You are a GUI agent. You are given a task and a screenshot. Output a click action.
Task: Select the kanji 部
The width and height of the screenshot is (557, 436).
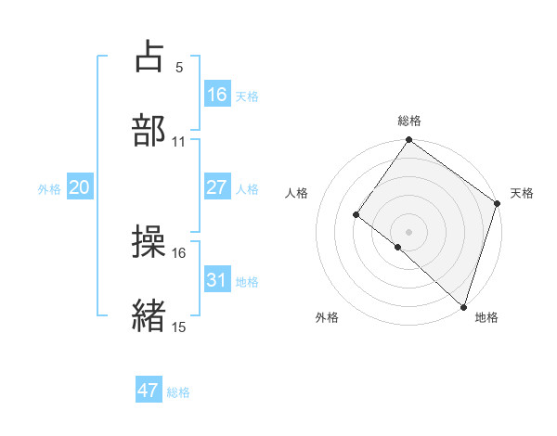pyautogui.click(x=149, y=130)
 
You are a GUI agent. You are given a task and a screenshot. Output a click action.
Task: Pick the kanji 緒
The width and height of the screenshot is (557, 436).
pyautogui.click(x=149, y=315)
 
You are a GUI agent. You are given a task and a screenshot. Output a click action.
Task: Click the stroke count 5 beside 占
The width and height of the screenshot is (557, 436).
pyautogui.click(x=178, y=68)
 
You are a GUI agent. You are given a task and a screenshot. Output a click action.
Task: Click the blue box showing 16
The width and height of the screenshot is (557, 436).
pyautogui.click(x=216, y=95)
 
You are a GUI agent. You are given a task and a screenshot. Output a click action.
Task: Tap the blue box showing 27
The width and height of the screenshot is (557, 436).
pyautogui.click(x=216, y=187)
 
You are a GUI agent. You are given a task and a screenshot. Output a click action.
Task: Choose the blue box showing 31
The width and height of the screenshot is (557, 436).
pyautogui.click(x=216, y=280)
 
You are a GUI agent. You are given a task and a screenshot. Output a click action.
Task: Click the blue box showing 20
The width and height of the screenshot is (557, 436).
pyautogui.click(x=80, y=187)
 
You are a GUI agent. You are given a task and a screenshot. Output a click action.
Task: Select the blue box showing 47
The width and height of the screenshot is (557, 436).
pyautogui.click(x=149, y=391)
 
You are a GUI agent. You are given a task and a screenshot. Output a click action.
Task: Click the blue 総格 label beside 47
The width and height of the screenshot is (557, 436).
pyautogui.click(x=178, y=392)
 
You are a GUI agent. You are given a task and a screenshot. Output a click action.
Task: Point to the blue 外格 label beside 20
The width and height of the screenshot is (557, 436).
pyautogui.click(x=49, y=189)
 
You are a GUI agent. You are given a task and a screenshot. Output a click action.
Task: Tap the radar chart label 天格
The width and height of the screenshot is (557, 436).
pyautogui.click(x=522, y=193)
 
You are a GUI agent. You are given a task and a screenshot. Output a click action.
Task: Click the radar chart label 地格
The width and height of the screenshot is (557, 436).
pyautogui.click(x=486, y=317)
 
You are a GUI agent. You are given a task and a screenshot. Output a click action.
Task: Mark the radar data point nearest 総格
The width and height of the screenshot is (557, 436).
pyautogui.click(x=408, y=140)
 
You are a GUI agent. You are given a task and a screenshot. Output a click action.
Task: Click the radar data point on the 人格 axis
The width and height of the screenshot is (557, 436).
pyautogui.click(x=356, y=215)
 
